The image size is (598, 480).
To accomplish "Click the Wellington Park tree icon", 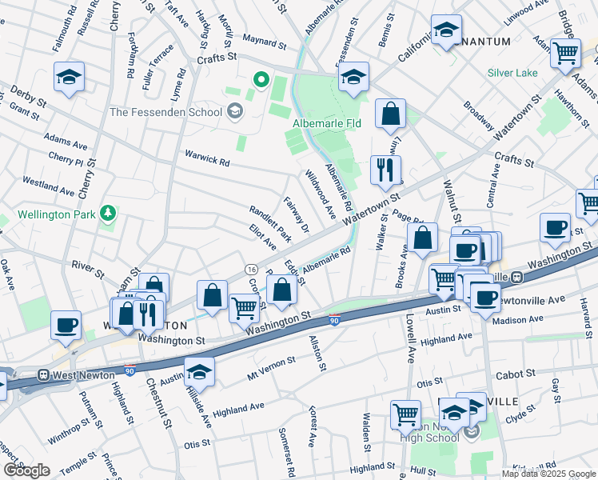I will coord(106,214).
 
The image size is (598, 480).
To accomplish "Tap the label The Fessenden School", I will coord(165,112).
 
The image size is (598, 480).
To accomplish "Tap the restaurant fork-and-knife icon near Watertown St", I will coord(386,169).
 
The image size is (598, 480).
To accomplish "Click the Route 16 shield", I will coord(251,267).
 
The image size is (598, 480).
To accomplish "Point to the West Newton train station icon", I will coord(42,374).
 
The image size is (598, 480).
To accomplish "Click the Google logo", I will coord(26,470).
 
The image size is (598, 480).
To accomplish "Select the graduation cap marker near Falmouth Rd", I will coord(70,77).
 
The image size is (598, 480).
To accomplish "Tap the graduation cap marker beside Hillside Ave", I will coord(199,370).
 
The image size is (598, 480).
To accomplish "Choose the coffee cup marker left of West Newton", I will coord(66,325).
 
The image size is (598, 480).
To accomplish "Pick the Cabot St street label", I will coord(516,374).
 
